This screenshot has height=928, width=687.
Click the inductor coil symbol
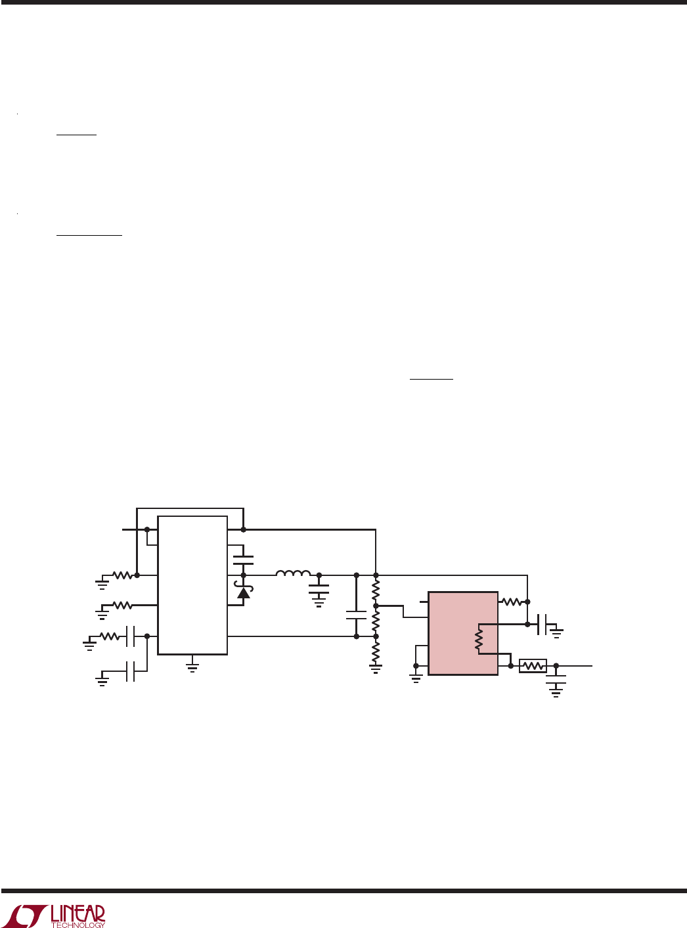(293, 573)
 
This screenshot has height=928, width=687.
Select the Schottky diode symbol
(244, 592)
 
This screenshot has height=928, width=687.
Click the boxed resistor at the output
(533, 666)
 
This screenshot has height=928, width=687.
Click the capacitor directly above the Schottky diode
(243, 560)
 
